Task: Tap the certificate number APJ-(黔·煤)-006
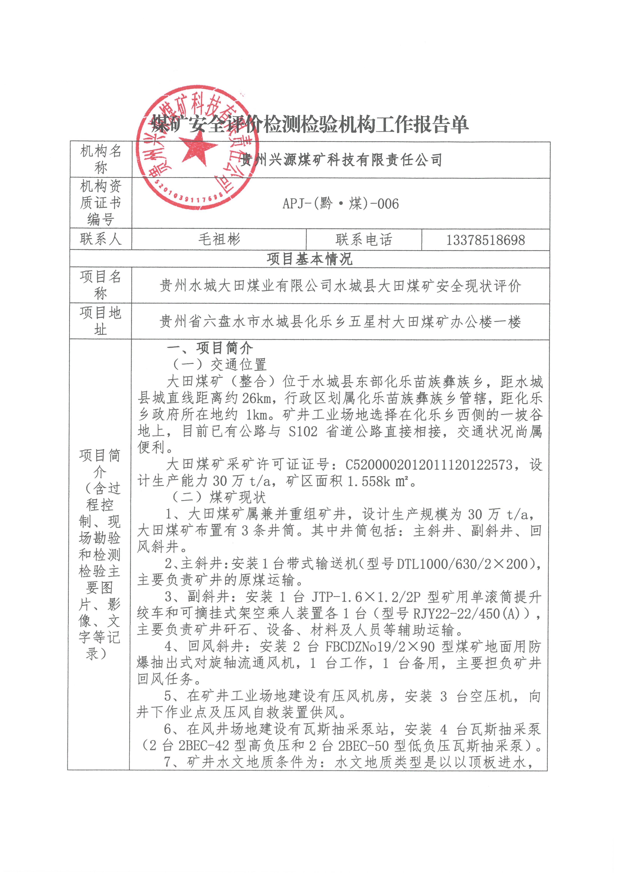[341, 204]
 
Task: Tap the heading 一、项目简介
[210, 348]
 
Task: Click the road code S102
[303, 431]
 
